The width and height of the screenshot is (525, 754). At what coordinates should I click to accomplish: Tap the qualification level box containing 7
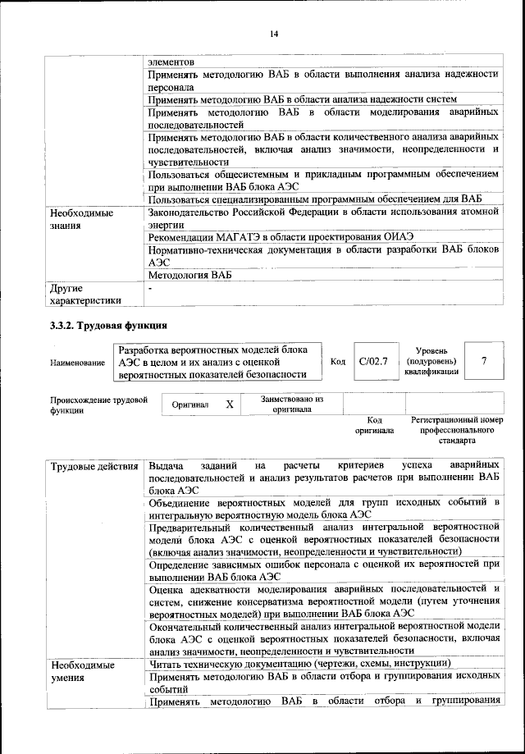[483, 361]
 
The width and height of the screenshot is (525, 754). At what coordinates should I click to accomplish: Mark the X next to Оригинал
[230, 404]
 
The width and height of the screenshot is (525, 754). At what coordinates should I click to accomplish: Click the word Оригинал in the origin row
[190, 404]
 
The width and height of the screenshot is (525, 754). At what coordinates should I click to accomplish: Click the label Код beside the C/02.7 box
[338, 361]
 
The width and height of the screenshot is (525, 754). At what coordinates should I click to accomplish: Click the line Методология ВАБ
[185, 276]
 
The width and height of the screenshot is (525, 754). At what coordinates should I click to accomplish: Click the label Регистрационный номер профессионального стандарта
[457, 429]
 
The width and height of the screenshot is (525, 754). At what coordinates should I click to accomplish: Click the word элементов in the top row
[171, 62]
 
